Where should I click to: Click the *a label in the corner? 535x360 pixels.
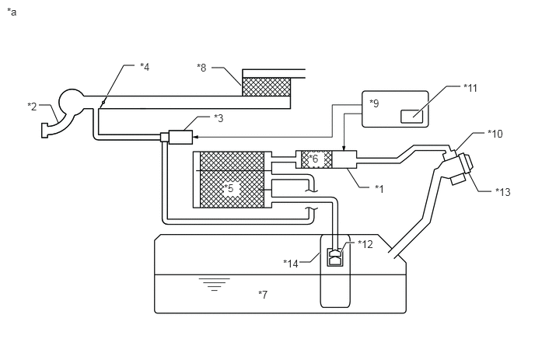pos(12,12)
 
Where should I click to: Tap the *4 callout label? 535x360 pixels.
pos(145,67)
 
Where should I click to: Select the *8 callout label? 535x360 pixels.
pos(201,68)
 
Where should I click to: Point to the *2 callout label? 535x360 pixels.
pos(32,107)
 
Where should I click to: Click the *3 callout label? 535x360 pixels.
pos(219,118)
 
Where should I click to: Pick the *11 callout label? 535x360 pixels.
pos(470,88)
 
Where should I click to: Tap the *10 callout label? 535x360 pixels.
pos(495,134)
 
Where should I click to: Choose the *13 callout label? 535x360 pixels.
pos(503,192)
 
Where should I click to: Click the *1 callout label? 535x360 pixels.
pos(379,189)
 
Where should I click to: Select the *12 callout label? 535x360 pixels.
pos(365,244)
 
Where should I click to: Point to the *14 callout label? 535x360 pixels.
pos(291,264)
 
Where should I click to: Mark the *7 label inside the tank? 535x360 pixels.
pos(263,294)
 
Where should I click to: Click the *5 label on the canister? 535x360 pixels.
pos(229,188)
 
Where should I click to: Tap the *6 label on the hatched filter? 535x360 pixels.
pos(313,159)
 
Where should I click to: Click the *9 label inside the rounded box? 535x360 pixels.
pos(374,103)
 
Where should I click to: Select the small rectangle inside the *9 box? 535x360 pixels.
pos(411,117)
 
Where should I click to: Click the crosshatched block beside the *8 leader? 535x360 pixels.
pos(267,87)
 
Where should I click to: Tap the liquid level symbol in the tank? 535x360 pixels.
pos(215,285)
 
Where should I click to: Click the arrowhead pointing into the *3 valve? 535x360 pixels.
pos(195,137)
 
